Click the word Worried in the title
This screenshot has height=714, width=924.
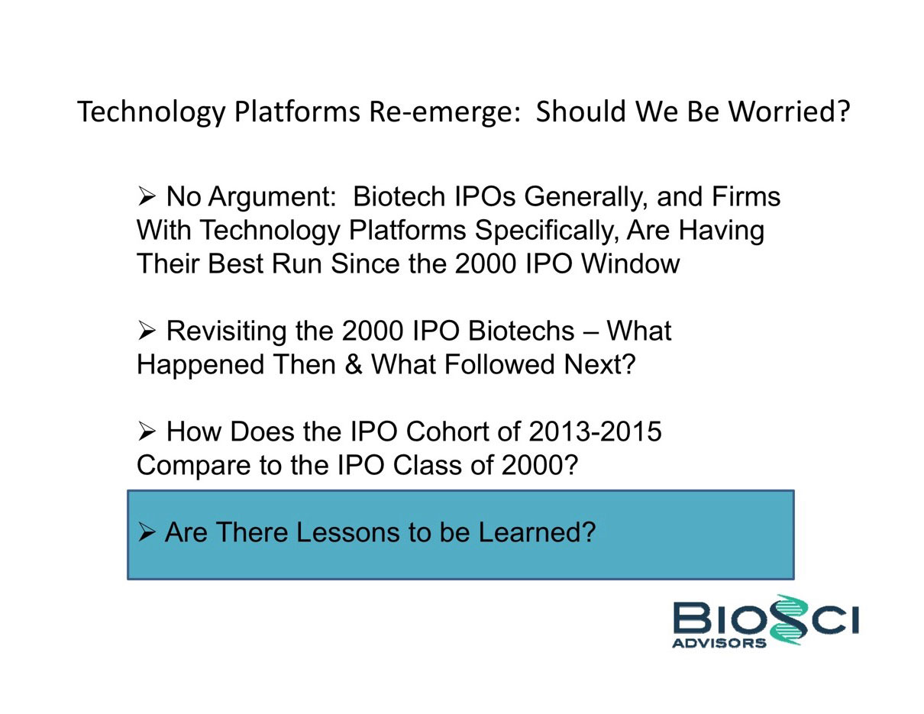[x=788, y=111]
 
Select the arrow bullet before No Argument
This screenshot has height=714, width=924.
[x=147, y=197]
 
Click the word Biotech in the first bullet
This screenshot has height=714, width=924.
[x=399, y=196]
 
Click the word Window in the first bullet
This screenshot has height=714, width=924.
[x=630, y=263]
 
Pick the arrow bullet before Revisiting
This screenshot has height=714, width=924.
[x=147, y=331]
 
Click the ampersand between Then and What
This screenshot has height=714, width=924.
[x=354, y=364]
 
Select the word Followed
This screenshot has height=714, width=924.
[x=499, y=364]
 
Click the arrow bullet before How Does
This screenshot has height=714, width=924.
[x=147, y=431]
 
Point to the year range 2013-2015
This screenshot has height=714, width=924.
[x=595, y=431]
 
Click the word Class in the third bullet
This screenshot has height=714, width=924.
[x=428, y=465]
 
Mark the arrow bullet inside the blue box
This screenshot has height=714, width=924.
[x=147, y=532]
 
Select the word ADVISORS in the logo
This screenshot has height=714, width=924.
[x=719, y=642]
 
